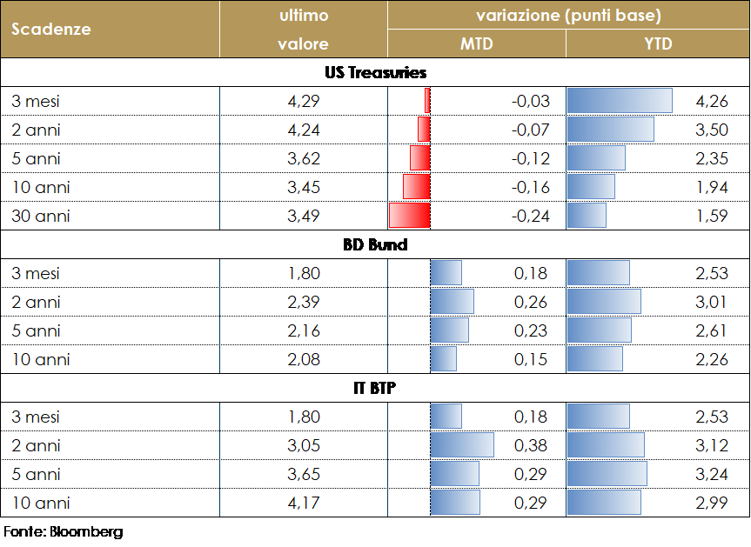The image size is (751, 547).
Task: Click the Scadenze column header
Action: pyautogui.click(x=51, y=29)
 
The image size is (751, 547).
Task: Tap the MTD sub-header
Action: pyautogui.click(x=476, y=43)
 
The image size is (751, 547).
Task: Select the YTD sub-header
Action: pyautogui.click(x=657, y=43)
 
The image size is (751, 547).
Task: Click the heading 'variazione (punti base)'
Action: pyautogui.click(x=568, y=16)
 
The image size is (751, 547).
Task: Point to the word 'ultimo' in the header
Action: pyautogui.click(x=303, y=16)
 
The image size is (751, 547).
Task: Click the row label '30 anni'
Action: pyautogui.click(x=41, y=216)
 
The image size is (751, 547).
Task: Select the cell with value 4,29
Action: pyautogui.click(x=304, y=101)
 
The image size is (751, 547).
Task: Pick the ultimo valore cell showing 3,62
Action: pyautogui.click(x=304, y=158)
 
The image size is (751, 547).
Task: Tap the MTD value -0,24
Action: pyautogui.click(x=531, y=216)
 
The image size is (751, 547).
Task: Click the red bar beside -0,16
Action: pyautogui.click(x=417, y=187)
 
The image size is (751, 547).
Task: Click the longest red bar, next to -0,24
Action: pyautogui.click(x=410, y=216)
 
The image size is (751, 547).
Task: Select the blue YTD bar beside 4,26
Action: pyautogui.click(x=619, y=101)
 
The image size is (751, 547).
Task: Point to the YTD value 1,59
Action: pyautogui.click(x=712, y=216)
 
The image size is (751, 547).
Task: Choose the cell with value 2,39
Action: pyautogui.click(x=304, y=302)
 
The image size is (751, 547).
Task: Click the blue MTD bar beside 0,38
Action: pyautogui.click(x=462, y=445)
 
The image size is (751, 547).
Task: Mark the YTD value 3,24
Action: pyautogui.click(x=712, y=474)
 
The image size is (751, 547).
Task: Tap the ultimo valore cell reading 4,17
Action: pyautogui.click(x=304, y=503)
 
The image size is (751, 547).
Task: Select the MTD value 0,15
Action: pyautogui.click(x=531, y=359)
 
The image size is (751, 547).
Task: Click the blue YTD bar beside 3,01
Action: pyautogui.click(x=603, y=302)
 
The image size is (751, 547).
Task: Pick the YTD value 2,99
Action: pyautogui.click(x=712, y=503)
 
